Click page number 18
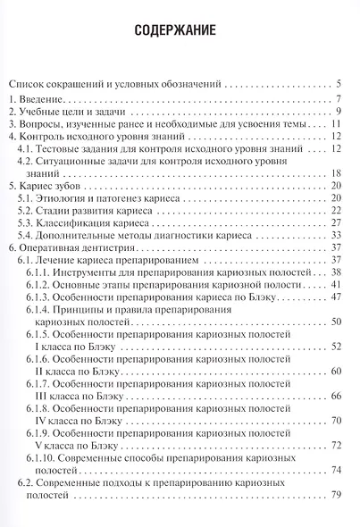click(x=338, y=173)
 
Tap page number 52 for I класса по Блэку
click(x=338, y=345)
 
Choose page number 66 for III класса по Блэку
click(x=338, y=395)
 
